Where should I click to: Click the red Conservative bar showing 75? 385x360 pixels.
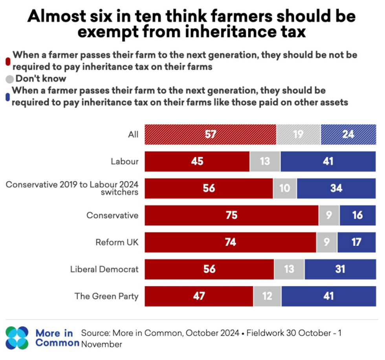pos(231,215)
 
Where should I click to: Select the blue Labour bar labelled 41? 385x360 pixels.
pos(328,161)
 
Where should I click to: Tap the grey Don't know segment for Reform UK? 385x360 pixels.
pos(326,242)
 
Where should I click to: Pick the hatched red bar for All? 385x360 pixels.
pos(210,134)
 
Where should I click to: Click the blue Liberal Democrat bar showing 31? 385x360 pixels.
pos(340,269)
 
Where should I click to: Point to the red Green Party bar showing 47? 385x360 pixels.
pos(199,296)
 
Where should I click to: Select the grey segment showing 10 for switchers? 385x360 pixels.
pos(285,188)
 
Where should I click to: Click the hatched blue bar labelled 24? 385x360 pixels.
pos(348,134)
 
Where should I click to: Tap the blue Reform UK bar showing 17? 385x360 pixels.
pos(356,242)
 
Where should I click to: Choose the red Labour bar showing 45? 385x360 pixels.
pos(197,161)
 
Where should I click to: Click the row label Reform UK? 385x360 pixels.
pos(117,242)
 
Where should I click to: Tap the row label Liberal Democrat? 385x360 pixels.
pos(104,269)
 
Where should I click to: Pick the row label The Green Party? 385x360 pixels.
pos(106,296)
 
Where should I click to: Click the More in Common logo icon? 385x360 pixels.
pos(17,338)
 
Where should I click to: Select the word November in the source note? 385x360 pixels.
pos(101,344)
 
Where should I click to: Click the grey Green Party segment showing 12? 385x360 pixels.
pos(267,296)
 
